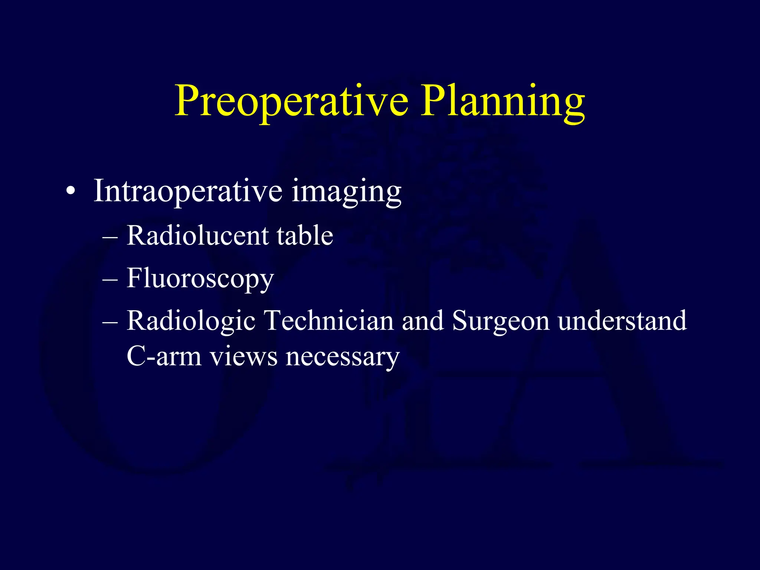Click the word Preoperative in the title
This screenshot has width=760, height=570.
pos(291,101)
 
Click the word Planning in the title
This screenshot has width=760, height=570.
pos(503,101)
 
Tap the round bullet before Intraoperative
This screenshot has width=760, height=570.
pos(71,192)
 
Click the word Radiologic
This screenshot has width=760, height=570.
pos(191,321)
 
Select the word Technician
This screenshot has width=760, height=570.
pos(328,320)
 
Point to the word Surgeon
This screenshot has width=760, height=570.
pos(501,321)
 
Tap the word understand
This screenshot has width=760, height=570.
pos(622,320)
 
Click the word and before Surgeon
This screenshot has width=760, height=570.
pos(423,320)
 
